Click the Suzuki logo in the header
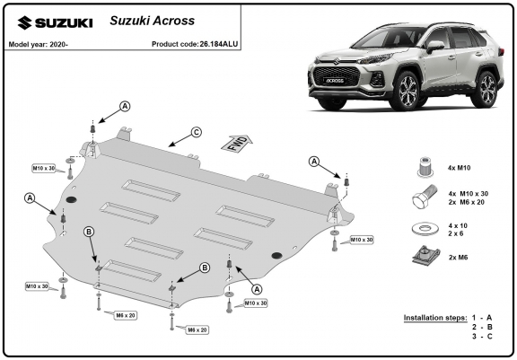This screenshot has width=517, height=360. coord(55,23)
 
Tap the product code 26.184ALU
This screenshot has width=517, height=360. coord(219,44)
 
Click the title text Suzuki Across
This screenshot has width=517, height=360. coord(152,21)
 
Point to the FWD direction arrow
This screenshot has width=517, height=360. coord(237,144)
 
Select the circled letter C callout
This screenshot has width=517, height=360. coord(197,133)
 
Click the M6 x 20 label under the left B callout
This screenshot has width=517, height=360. coord(126,315)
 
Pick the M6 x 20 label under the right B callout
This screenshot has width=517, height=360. coord(197,329)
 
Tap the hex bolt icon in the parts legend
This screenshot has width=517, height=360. coord(425,197)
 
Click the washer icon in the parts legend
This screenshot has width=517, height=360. coord(425,228)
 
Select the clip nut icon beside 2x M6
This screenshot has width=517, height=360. coord(426,256)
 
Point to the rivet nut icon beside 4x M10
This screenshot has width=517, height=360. coord(425,167)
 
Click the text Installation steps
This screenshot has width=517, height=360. coord(435,318)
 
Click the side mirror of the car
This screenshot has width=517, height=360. coord(435,47)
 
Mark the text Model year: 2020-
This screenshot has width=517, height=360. coord(39,44)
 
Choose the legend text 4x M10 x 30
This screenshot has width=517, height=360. coord(469,194)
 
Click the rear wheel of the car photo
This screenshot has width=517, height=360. coord(486,89)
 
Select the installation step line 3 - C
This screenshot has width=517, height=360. coord(482,337)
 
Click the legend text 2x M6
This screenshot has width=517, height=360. coord(458,257)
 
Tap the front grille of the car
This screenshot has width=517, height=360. coord(335,78)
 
